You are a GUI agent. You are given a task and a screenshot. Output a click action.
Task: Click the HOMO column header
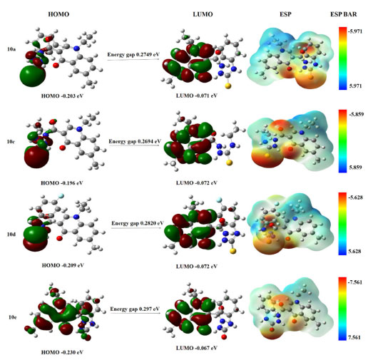click(58, 14)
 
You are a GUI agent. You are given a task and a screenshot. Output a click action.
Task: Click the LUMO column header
click(203, 14)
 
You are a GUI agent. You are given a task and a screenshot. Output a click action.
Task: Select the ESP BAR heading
click(344, 14)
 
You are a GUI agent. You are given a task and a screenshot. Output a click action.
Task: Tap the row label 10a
click(11, 49)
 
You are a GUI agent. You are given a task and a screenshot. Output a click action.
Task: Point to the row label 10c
click(11, 142)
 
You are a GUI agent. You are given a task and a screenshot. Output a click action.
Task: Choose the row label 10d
click(11, 235)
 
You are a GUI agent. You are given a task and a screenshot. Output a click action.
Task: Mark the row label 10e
click(13, 317)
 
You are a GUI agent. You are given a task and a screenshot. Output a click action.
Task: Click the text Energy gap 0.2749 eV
click(133, 55)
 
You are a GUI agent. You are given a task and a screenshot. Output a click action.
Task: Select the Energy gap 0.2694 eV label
click(135, 141)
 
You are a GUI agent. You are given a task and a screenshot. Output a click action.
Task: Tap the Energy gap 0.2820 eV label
click(138, 223)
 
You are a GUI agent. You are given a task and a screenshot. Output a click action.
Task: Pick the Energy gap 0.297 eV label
click(135, 309)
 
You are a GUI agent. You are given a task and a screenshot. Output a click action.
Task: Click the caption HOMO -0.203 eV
click(62, 96)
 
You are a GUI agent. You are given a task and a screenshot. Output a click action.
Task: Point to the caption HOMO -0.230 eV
click(62, 352)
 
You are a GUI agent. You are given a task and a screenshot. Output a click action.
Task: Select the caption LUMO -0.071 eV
click(197, 96)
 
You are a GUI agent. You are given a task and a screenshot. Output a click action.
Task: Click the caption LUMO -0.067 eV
click(197, 348)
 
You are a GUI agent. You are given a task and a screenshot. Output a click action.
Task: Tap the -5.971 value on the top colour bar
click(355, 31)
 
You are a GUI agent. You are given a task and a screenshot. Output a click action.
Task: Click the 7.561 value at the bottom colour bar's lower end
click(354, 337)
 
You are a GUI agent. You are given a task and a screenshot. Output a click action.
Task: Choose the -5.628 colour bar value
click(355, 197)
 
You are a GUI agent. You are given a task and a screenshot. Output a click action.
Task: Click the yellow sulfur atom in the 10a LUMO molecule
click(228, 86)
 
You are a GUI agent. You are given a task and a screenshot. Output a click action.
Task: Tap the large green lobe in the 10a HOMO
click(33, 75)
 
